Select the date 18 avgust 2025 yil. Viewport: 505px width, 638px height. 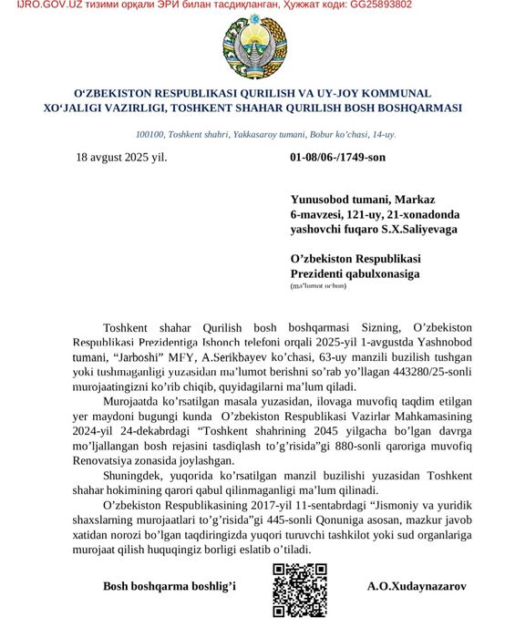[x=121, y=157]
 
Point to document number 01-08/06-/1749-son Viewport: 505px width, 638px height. [x=337, y=157]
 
